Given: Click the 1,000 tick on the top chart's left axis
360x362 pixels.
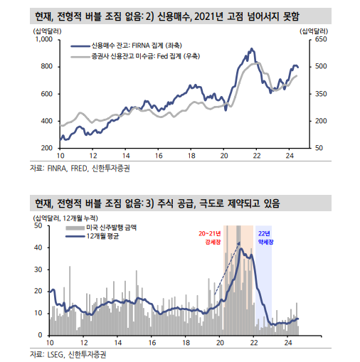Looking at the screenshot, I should click(x=43, y=40).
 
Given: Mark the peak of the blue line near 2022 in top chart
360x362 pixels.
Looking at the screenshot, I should click(x=251, y=49).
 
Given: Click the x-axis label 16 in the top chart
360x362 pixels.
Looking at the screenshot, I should click(x=158, y=155).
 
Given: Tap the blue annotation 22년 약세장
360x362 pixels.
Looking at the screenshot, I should click(x=263, y=238).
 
